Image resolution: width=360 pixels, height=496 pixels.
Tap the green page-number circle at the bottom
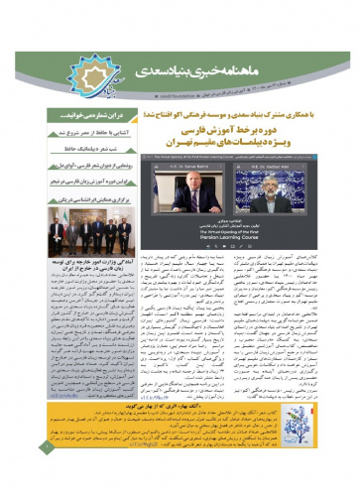[x=17, y=473]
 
